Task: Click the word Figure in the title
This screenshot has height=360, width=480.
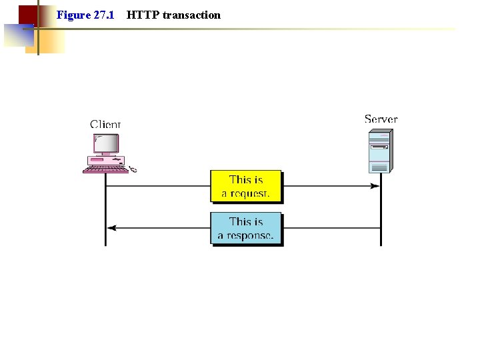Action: (x=73, y=15)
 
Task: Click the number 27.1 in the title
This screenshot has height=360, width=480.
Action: (x=103, y=15)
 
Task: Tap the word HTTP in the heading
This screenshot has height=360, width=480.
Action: (x=141, y=15)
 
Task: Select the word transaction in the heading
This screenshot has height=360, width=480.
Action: (x=191, y=15)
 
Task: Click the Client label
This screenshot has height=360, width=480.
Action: (x=105, y=124)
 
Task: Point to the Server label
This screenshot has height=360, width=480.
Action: (x=381, y=119)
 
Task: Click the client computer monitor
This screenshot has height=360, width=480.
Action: (x=105, y=144)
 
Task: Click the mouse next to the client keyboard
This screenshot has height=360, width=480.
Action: (x=133, y=170)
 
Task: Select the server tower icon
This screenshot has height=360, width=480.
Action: (x=379, y=152)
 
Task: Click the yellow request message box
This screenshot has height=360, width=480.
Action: (x=246, y=187)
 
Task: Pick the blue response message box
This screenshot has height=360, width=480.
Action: (x=246, y=229)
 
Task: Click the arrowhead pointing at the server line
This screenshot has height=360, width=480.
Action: (x=375, y=186)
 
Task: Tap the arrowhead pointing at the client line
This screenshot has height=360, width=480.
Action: (x=111, y=228)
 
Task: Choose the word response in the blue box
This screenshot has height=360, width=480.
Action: (x=250, y=236)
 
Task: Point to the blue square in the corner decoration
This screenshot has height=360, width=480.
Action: (x=17, y=35)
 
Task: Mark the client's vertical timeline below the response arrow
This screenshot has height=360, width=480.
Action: (x=105, y=238)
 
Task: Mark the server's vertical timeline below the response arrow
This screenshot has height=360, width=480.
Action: (x=381, y=238)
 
